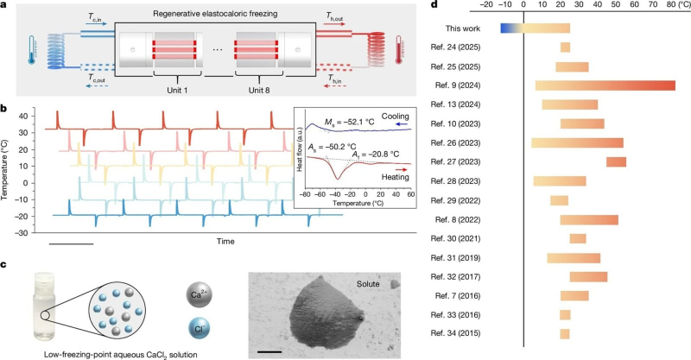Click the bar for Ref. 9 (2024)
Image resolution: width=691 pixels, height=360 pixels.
605,85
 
